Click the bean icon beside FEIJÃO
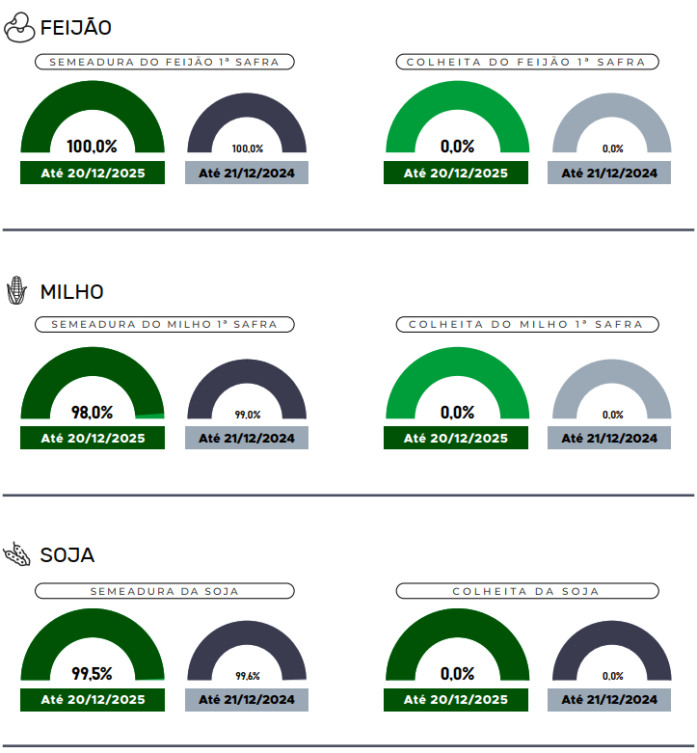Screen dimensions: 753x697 pyautogui.click(x=19, y=29)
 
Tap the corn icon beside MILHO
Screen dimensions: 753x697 pyautogui.click(x=16, y=291)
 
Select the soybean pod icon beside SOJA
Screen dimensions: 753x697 pyautogui.click(x=17, y=554)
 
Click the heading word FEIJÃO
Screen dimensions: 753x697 pyautogui.click(x=76, y=29)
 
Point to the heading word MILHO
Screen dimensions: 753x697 pyautogui.click(x=72, y=291)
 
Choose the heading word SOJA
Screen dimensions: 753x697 pyautogui.click(x=67, y=555)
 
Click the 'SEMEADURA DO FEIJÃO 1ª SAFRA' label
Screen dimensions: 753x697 pyautogui.click(x=164, y=62)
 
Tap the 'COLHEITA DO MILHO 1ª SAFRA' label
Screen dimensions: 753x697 pyautogui.click(x=526, y=325)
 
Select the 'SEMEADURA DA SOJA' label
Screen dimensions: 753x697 pyautogui.click(x=164, y=591)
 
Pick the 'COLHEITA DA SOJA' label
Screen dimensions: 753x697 pyautogui.click(x=526, y=591)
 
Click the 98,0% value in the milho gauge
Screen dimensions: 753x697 pyautogui.click(x=93, y=413)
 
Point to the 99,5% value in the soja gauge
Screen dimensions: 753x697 pyautogui.click(x=93, y=674)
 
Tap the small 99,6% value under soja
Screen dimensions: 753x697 pyautogui.click(x=248, y=677)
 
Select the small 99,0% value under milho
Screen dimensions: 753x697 pyautogui.click(x=248, y=415)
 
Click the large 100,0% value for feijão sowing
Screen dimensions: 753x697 pyautogui.click(x=93, y=147)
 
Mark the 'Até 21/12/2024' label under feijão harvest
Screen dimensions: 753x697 pyautogui.click(x=609, y=174)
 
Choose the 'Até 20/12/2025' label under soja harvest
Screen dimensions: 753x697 pyautogui.click(x=456, y=700)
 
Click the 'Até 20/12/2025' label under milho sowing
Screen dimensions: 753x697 pyautogui.click(x=93, y=438)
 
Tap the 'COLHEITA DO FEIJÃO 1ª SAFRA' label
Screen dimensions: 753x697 pyautogui.click(x=526, y=62)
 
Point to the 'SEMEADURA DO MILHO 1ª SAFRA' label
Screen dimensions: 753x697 pyautogui.click(x=164, y=325)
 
